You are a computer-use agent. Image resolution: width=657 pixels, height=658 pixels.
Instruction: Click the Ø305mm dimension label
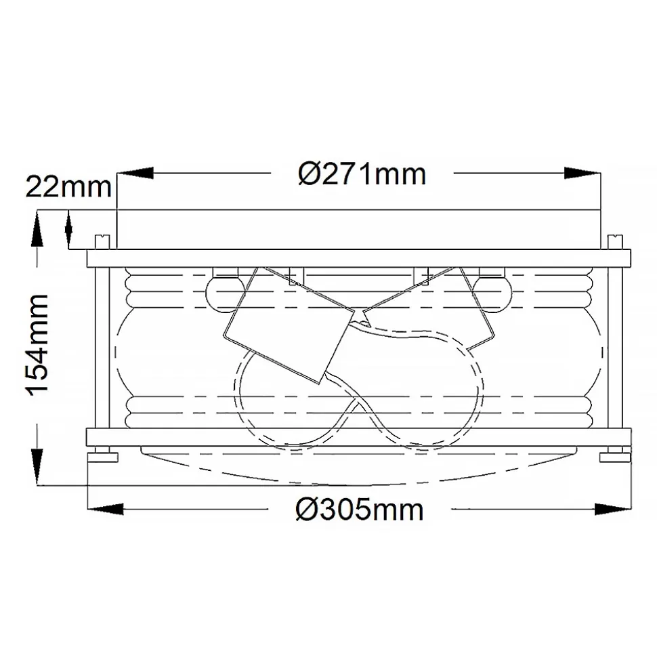point(360,510)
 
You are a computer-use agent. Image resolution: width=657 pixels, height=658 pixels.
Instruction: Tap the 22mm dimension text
point(68,187)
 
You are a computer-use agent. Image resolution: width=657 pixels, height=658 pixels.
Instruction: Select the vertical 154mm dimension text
point(38,344)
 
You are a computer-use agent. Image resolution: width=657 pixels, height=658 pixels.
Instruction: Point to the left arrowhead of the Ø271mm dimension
point(135,173)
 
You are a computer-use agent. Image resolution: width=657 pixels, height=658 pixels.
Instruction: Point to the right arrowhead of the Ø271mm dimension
point(582,173)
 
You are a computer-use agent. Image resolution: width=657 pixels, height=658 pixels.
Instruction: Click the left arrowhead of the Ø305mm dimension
point(105,510)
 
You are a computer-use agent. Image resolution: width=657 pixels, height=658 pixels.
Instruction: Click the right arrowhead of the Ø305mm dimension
point(613,510)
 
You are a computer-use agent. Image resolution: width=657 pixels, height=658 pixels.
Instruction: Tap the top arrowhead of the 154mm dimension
point(37,228)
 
